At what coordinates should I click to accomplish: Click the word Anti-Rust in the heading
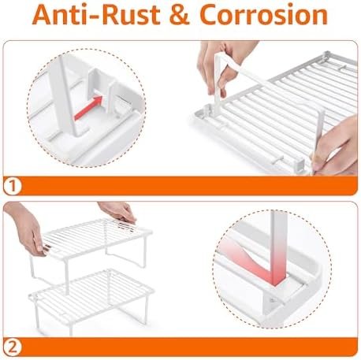[x=96, y=15]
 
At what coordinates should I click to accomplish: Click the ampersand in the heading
[x=180, y=15]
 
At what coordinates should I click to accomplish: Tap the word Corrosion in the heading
[x=263, y=15]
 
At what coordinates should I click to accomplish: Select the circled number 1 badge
[x=12, y=186]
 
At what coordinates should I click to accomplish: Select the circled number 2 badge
[x=12, y=347]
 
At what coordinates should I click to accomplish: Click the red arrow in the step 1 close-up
[x=88, y=108]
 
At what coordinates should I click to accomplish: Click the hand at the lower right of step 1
[x=337, y=147]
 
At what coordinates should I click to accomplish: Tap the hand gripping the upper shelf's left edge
[x=26, y=229]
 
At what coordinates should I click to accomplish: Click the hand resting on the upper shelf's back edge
[x=118, y=210]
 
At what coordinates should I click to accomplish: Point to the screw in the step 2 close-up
[x=274, y=300]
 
